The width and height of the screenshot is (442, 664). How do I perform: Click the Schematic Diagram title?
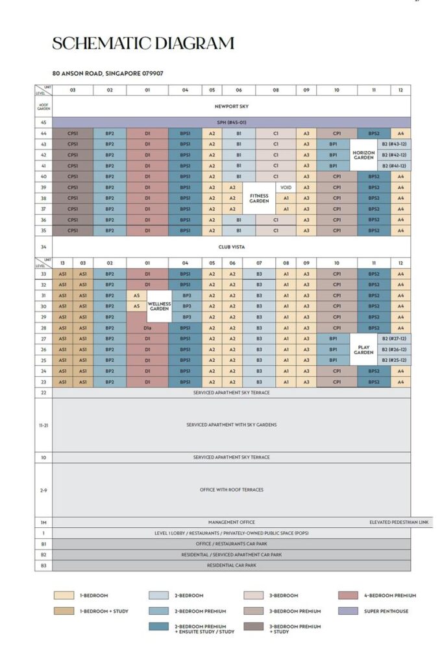pyautogui.click(x=143, y=43)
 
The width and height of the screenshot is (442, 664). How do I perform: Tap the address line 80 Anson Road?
pyautogui.click(x=108, y=73)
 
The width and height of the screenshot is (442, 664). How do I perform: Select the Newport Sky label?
pyautogui.click(x=232, y=106)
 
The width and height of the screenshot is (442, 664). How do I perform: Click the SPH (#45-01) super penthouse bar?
pyautogui.click(x=232, y=122)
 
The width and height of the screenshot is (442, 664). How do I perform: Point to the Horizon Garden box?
pyautogui.click(x=363, y=155)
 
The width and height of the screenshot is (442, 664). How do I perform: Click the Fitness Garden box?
pyautogui.click(x=259, y=198)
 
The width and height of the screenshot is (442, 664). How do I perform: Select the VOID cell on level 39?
pyautogui.click(x=286, y=187)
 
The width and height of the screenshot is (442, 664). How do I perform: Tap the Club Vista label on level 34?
pyautogui.click(x=232, y=246)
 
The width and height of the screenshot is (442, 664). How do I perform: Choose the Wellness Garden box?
pyautogui.click(x=159, y=306)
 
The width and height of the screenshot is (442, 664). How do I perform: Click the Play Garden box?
pyautogui.click(x=363, y=350)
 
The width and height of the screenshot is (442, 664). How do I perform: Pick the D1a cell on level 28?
pyautogui.click(x=147, y=328)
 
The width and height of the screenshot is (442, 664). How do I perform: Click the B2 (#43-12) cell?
pyautogui.click(x=394, y=144)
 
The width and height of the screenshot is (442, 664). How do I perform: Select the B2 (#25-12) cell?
pyautogui.click(x=394, y=361)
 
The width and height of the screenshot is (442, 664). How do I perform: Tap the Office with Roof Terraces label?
pyautogui.click(x=232, y=490)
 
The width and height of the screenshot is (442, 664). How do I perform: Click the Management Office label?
pyautogui.click(x=232, y=522)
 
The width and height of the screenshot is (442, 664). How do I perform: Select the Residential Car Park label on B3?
pyautogui.click(x=232, y=565)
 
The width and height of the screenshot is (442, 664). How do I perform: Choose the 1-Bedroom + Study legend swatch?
pyautogui.click(x=63, y=611)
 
